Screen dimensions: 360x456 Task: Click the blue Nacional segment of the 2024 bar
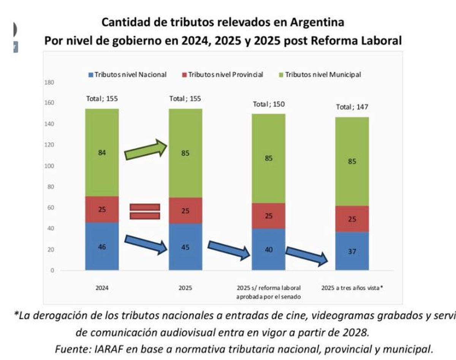coord(102,246)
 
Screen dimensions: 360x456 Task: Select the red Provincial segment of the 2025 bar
coord(185,210)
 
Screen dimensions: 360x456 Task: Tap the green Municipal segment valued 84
coord(102,153)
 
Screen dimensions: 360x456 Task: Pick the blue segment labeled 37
coord(352,251)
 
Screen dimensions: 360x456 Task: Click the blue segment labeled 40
coord(269,249)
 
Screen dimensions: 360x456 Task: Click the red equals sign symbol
coord(145,212)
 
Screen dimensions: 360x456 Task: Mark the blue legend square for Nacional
coord(90,75)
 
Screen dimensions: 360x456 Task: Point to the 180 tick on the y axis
coord(50,82)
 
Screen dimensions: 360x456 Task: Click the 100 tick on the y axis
coord(50,166)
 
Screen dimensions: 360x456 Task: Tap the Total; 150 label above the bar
coord(269,104)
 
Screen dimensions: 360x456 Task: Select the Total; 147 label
coord(352,107)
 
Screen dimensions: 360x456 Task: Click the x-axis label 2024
coord(102,288)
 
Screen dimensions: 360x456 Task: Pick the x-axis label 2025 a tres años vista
coord(352,288)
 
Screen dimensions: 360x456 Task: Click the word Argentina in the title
coord(317,22)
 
